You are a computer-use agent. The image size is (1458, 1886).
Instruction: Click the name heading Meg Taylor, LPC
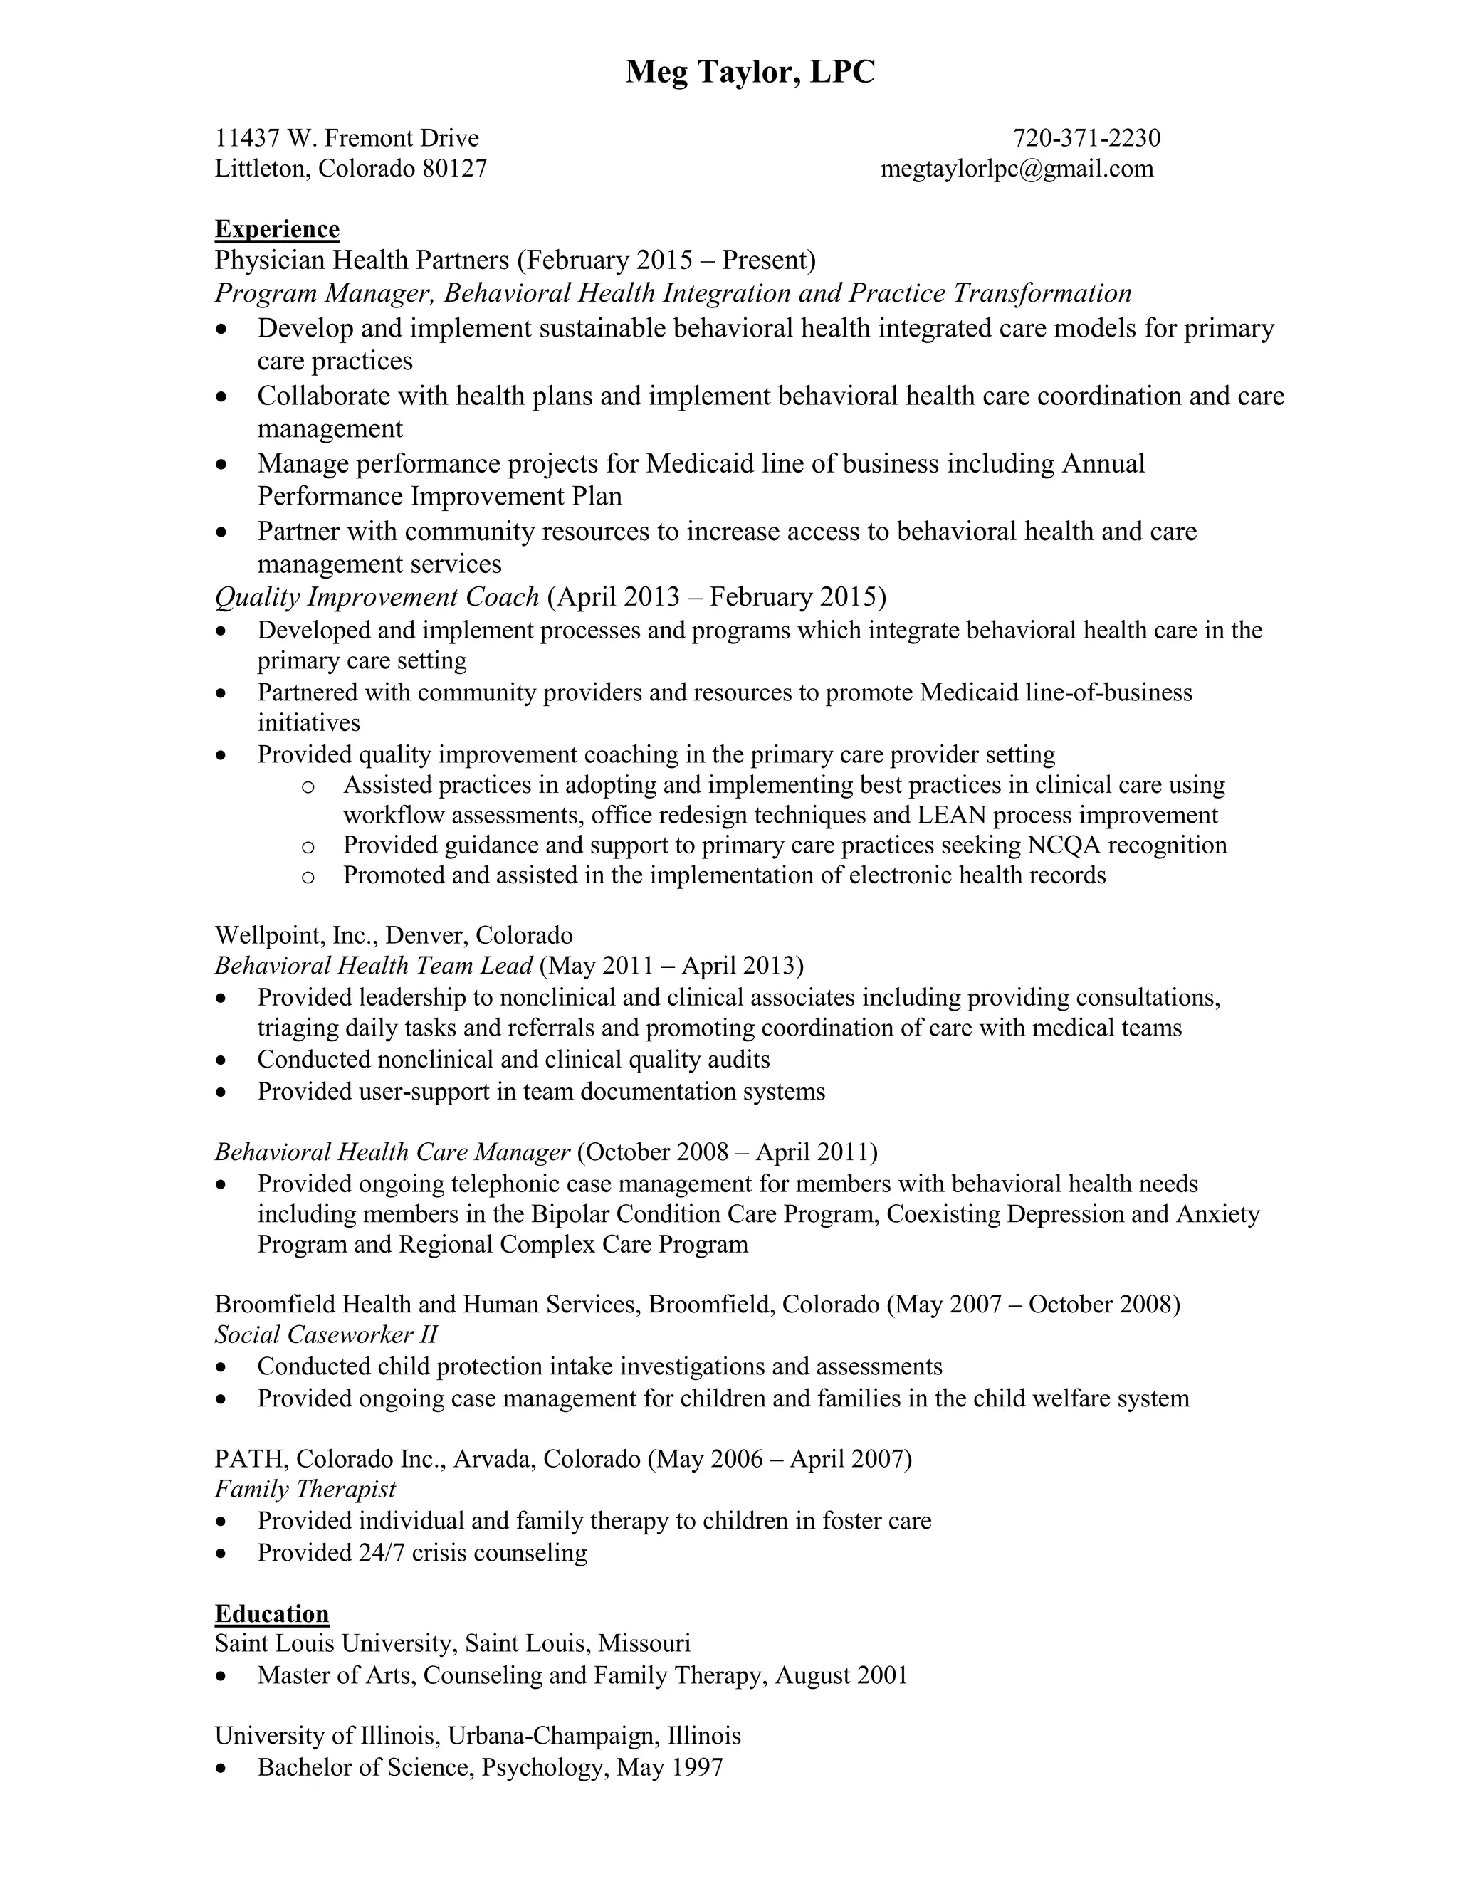pyautogui.click(x=750, y=73)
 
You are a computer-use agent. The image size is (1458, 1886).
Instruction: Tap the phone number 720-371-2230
pyautogui.click(x=1086, y=138)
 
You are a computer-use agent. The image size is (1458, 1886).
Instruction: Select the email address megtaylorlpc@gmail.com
pyautogui.click(x=1017, y=169)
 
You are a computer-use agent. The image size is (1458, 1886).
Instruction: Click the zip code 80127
pyautogui.click(x=454, y=169)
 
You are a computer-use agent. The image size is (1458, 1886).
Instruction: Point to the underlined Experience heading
pyautogui.click(x=276, y=229)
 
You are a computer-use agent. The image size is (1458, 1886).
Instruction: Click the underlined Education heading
pyautogui.click(x=271, y=1614)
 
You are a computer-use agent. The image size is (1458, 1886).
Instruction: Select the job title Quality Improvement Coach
pyautogui.click(x=377, y=596)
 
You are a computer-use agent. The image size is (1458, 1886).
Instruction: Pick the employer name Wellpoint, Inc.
pyautogui.click(x=295, y=935)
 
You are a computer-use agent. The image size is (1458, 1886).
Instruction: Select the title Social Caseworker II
pyautogui.click(x=325, y=1334)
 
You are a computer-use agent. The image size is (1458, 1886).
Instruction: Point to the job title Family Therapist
pyautogui.click(x=305, y=1489)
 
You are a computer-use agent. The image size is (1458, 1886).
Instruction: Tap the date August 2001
pyautogui.click(x=841, y=1675)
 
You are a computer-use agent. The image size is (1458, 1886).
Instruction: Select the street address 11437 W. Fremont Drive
pyautogui.click(x=347, y=138)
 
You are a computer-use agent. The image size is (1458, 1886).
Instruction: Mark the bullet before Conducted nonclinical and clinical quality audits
pyautogui.click(x=223, y=1060)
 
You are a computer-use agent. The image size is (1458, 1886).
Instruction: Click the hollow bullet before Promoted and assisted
pyautogui.click(x=308, y=877)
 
